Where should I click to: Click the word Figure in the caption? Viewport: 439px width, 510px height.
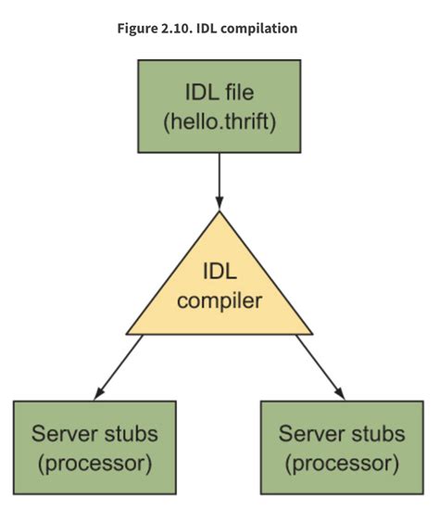[139, 29]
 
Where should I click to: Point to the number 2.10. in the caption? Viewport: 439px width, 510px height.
[182, 29]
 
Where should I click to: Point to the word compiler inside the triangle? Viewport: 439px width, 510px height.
[219, 300]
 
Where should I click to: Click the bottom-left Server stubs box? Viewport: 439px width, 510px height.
[94, 446]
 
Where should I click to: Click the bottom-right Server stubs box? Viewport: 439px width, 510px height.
[344, 446]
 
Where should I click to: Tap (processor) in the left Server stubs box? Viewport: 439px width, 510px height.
[94, 461]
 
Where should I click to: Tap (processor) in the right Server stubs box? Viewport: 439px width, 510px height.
[344, 461]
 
